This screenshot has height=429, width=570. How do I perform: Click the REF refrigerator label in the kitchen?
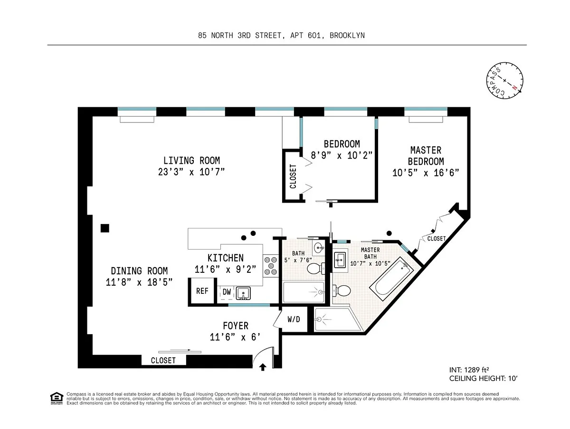tap(202, 291)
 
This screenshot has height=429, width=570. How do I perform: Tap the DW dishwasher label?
tap(227, 292)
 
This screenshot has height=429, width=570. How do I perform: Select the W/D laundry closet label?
tap(294, 319)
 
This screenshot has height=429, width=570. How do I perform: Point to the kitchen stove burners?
tap(271, 266)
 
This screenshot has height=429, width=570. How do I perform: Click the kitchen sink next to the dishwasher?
tap(243, 293)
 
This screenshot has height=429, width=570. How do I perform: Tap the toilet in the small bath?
tap(316, 268)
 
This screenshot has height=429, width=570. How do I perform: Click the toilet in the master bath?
tap(342, 290)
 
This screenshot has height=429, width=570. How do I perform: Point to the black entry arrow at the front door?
tap(263, 367)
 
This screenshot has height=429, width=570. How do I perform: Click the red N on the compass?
tap(514, 88)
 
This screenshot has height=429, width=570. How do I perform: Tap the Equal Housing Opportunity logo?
tap(57, 398)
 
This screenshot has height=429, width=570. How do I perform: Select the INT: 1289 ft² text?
tap(469, 370)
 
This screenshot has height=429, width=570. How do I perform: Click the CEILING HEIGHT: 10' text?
tap(483, 378)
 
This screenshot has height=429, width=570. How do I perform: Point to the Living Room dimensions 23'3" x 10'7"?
tap(191, 172)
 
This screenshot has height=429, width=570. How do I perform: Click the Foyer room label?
tap(236, 326)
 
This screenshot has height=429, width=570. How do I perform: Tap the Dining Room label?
tap(139, 271)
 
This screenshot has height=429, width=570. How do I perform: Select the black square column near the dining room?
tap(105, 228)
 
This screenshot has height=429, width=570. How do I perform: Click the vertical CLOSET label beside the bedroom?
tap(293, 177)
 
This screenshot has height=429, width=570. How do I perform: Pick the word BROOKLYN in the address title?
tap(347, 35)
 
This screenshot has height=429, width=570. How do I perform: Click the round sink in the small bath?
tap(319, 248)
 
